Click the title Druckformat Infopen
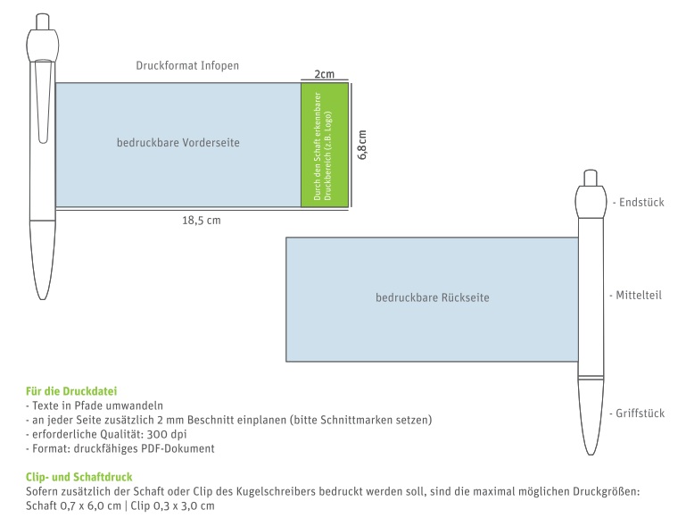(187, 66)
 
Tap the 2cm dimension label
(324, 74)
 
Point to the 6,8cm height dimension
(362, 145)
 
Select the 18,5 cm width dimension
(202, 221)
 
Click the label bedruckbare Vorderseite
(178, 143)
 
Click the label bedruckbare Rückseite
(433, 297)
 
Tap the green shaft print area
(325, 145)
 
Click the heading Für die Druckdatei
(71, 391)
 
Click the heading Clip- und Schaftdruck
(79, 477)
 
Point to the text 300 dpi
(167, 434)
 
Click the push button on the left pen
(43, 22)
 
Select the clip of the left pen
(43, 102)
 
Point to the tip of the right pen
(591, 454)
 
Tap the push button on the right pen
(591, 178)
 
